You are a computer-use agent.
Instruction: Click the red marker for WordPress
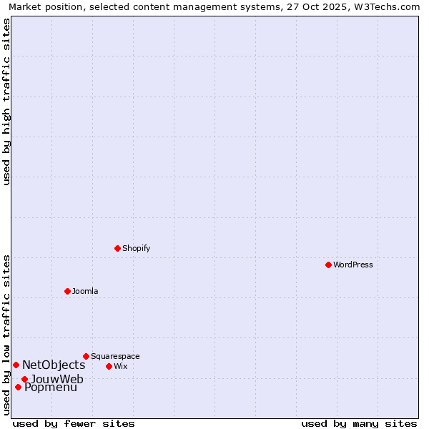(328, 265)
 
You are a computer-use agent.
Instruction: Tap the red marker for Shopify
(117, 248)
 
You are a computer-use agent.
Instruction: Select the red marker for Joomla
(67, 291)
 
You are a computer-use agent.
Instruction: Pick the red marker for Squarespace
(86, 356)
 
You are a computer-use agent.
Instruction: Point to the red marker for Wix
(109, 366)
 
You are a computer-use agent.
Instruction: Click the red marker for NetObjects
(16, 365)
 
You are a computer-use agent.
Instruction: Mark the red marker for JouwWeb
(24, 379)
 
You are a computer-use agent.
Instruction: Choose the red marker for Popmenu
(18, 387)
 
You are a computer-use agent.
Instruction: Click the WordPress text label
(353, 265)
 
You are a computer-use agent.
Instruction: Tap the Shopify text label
(137, 248)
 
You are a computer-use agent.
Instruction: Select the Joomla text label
(85, 291)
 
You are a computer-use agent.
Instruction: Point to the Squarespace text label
(115, 356)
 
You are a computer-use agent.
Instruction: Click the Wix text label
(121, 366)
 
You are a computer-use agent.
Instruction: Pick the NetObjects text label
(54, 365)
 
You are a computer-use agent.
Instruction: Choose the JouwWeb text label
(57, 379)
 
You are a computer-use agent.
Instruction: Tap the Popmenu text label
(51, 388)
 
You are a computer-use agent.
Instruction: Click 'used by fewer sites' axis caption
(74, 423)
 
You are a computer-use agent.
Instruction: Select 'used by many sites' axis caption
(359, 423)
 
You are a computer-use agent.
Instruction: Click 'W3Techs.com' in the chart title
(390, 6)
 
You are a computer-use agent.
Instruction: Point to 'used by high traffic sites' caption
(7, 102)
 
